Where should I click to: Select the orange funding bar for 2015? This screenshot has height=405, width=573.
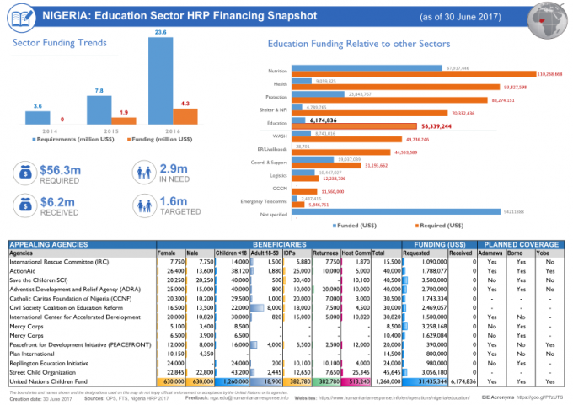coord(123,120)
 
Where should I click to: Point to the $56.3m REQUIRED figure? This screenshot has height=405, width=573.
coord(60,174)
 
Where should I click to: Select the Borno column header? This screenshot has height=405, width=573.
coord(520,253)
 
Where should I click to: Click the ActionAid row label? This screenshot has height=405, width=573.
coord(23,271)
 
